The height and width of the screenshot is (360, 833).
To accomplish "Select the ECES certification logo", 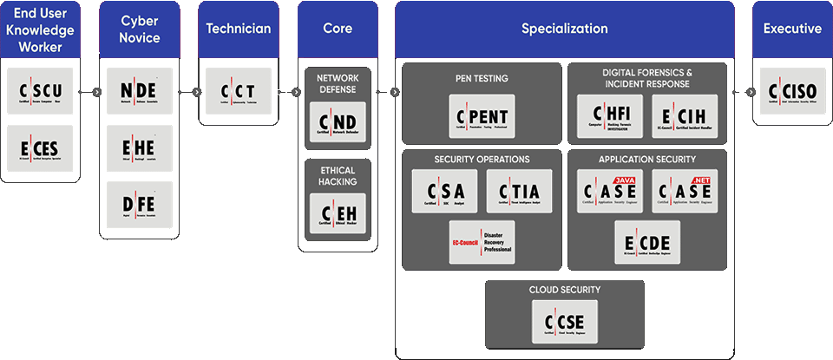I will (x=40, y=147).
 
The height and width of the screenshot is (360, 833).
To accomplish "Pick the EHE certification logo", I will (x=140, y=147).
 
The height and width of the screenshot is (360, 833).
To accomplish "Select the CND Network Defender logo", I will (x=338, y=120).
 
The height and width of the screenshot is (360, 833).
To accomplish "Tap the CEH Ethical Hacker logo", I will (x=338, y=213).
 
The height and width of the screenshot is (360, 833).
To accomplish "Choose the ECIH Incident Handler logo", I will (x=685, y=117).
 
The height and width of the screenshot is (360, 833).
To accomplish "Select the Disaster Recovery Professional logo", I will (x=482, y=241).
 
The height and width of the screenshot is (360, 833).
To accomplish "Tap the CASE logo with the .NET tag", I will (x=685, y=191).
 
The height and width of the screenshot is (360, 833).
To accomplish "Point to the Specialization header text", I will (x=565, y=29).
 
